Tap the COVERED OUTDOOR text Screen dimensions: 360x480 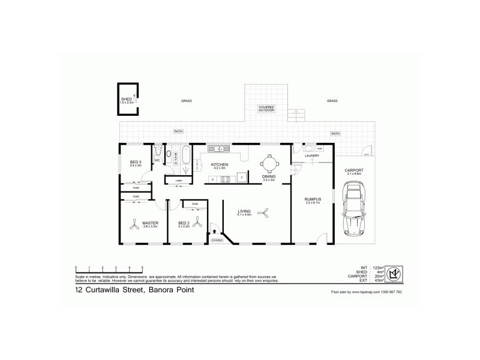[266, 109]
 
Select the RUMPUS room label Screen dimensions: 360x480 [313, 199]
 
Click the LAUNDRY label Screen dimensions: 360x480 [312, 156]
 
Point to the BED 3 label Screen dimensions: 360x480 [135, 162]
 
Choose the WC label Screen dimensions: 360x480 [157, 160]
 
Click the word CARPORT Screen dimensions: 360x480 [353, 170]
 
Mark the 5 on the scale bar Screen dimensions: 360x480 [142, 267]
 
